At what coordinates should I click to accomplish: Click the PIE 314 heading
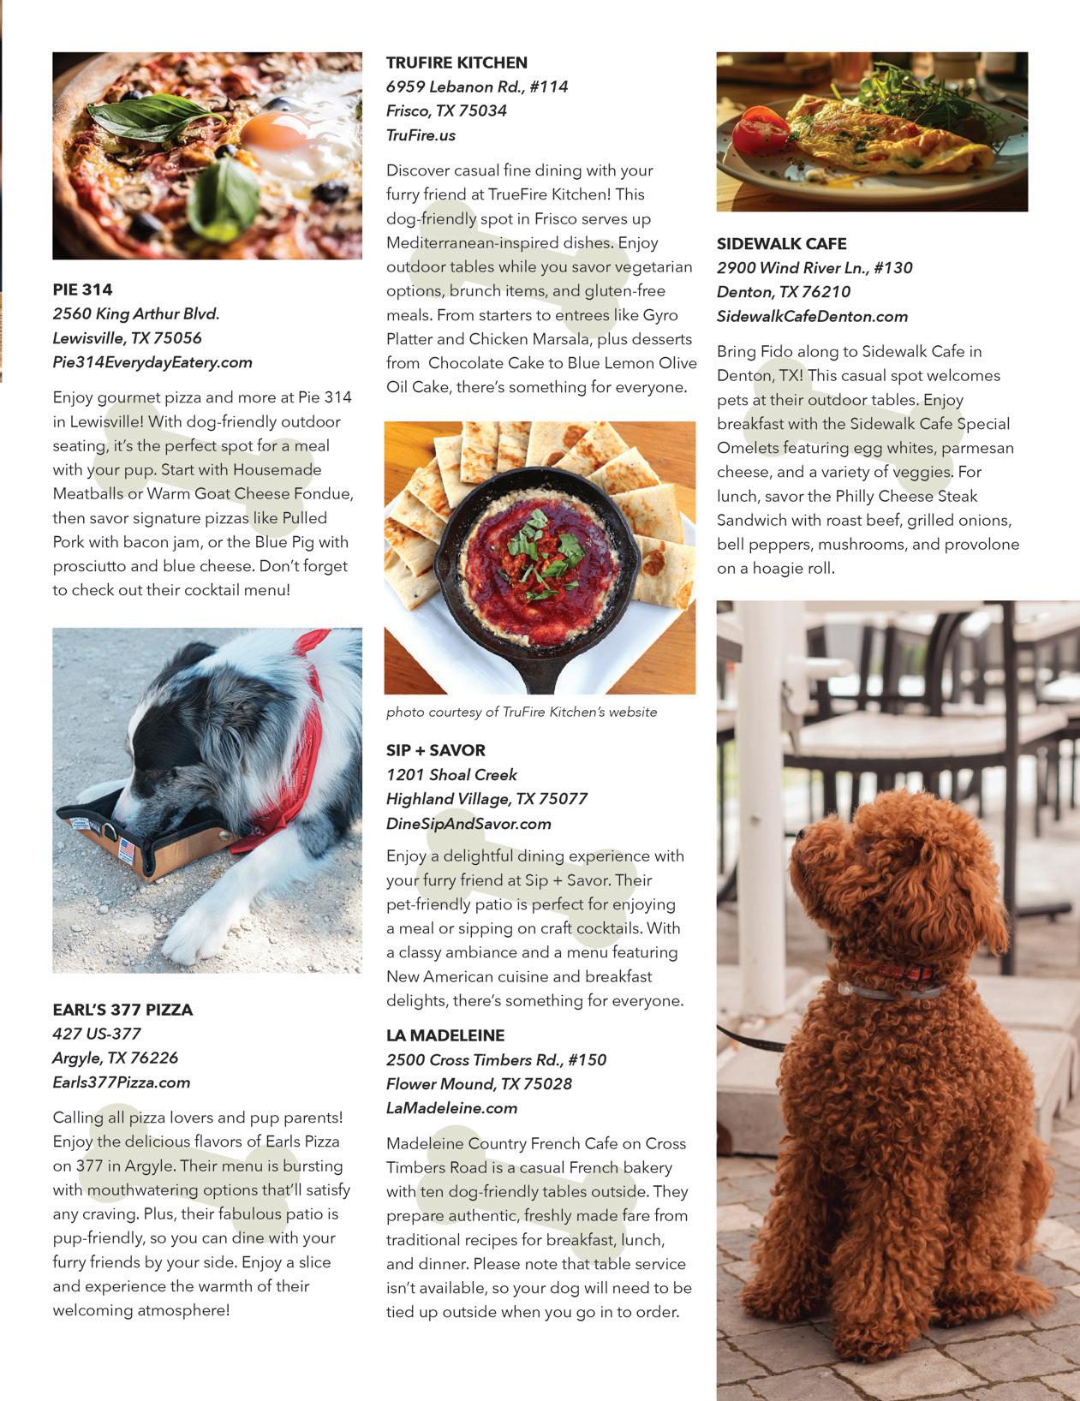point(82,289)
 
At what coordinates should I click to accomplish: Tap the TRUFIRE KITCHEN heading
point(456,63)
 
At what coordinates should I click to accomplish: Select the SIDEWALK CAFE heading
point(781,243)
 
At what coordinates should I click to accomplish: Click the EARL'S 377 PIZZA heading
point(122,1010)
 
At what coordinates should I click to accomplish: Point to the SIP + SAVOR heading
point(435,750)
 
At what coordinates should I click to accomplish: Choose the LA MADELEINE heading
point(445,1035)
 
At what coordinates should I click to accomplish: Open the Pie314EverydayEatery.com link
point(152,362)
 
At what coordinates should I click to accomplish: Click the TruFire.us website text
point(421,135)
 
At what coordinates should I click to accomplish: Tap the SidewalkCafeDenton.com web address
point(812,316)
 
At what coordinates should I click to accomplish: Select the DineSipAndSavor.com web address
point(468,824)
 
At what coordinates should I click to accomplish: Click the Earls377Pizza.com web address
point(121,1082)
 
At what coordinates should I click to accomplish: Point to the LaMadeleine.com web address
point(451,1108)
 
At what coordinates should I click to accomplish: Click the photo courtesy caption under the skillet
point(522,712)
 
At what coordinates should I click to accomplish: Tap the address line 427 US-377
point(97,1034)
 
